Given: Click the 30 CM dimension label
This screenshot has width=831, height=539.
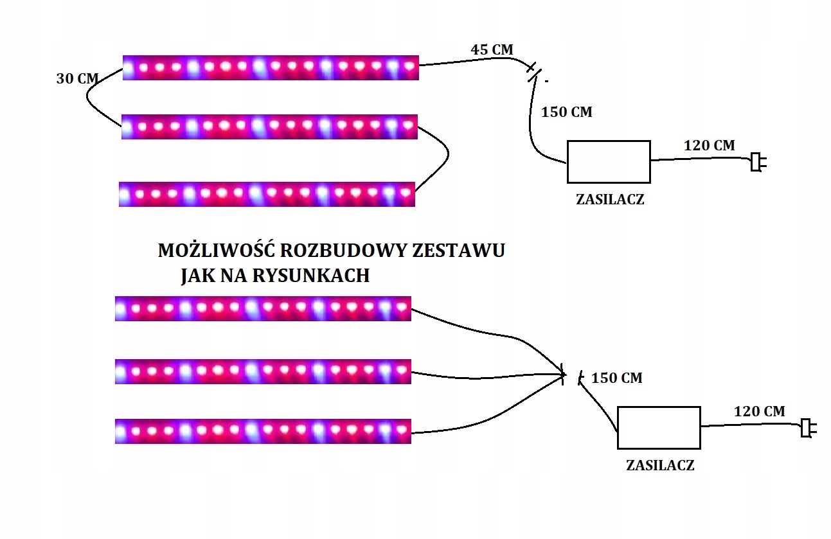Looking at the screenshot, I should (x=77, y=78).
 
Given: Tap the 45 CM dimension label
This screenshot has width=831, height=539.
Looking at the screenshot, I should (x=492, y=49).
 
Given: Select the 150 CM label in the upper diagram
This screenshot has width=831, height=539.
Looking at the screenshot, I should (x=567, y=112).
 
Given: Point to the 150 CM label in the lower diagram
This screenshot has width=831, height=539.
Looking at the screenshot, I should (x=616, y=378).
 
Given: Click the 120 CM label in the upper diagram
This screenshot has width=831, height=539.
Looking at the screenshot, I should (x=709, y=145).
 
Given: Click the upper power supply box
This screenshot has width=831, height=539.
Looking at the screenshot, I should (x=608, y=161).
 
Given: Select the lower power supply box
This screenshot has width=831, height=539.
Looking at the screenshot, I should (x=658, y=427).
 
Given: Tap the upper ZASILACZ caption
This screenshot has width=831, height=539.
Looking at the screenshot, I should (x=609, y=199).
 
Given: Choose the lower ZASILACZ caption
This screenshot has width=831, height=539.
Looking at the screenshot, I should (x=660, y=465).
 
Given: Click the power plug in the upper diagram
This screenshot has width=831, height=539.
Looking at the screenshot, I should (x=758, y=162).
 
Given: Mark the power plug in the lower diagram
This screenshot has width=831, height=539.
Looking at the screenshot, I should (x=807, y=428).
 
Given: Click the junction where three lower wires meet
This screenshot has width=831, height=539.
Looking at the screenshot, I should (x=563, y=374).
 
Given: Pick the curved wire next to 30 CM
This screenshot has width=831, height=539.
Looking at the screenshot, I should (x=92, y=103).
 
